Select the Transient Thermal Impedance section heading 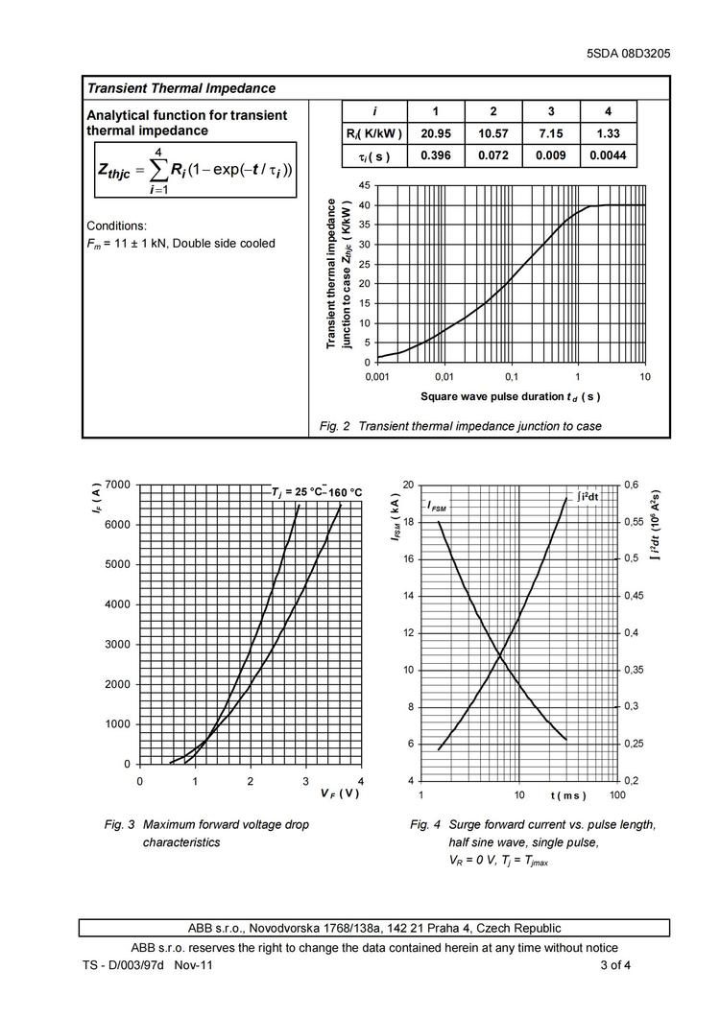181,88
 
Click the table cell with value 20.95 436,133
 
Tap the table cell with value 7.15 550,133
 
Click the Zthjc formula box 195,171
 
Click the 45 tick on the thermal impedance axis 363,184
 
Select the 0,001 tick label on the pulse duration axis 378,377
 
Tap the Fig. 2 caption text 461,426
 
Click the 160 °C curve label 346,492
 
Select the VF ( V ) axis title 340,793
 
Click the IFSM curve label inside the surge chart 437,506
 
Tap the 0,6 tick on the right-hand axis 634,485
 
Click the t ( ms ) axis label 567,795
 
